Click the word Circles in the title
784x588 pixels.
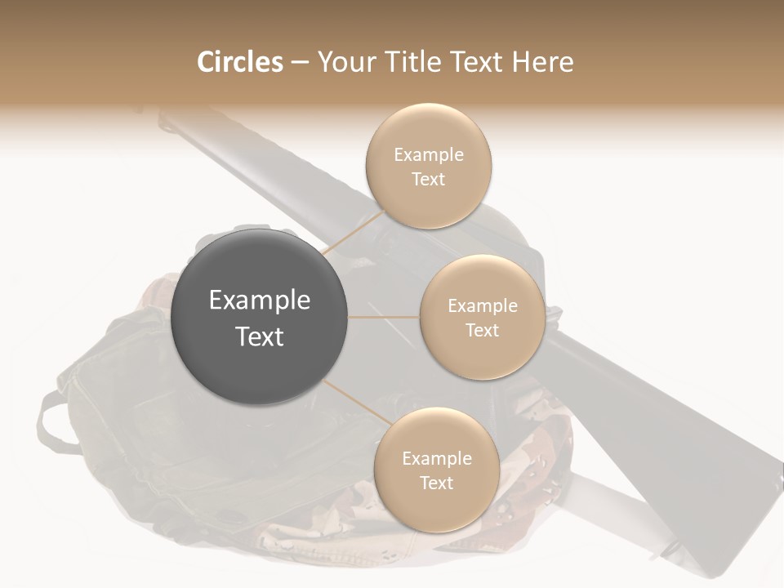(x=239, y=62)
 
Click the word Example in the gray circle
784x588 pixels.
(x=259, y=301)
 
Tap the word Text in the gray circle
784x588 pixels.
(x=259, y=336)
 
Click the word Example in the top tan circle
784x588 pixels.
(x=428, y=155)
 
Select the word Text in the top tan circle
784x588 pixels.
(x=428, y=180)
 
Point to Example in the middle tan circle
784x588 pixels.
(x=482, y=306)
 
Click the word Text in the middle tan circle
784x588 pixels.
(x=482, y=331)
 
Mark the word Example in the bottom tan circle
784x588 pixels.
(x=436, y=459)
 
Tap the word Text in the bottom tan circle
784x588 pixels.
(x=436, y=483)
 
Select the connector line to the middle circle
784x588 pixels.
(x=384, y=317)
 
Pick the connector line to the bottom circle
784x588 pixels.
(x=357, y=404)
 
